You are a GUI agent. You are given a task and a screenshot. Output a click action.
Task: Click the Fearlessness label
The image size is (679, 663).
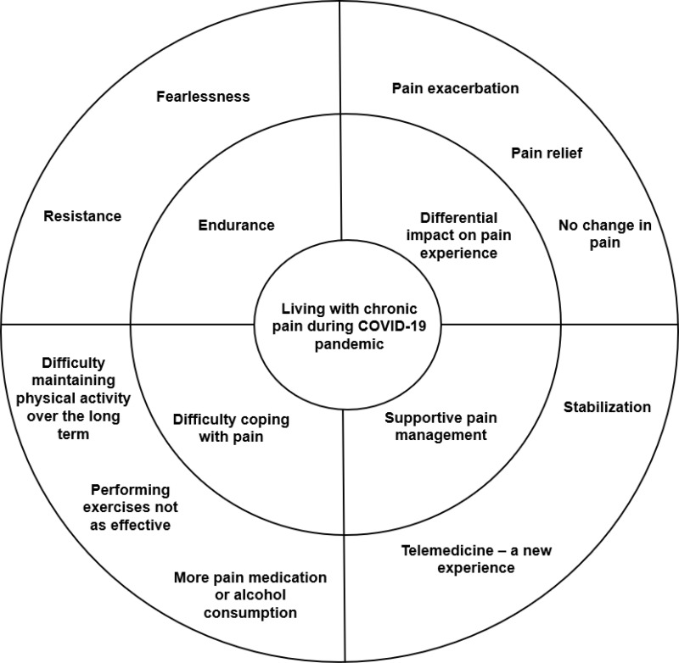coord(203,96)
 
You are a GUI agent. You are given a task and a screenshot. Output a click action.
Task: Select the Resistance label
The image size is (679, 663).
coord(82,216)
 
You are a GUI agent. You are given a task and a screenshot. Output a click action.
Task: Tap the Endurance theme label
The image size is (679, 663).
coord(236,226)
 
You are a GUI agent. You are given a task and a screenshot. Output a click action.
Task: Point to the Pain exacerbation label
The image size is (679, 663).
coord(456,88)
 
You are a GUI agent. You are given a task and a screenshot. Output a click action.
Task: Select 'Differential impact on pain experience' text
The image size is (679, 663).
coord(458,235)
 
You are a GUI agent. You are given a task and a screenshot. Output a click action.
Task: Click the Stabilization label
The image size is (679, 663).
coord(607,407)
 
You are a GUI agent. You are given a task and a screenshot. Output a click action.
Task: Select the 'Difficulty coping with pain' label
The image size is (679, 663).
coord(231,427)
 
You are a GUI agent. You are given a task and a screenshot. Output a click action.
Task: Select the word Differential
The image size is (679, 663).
coord(458,218)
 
